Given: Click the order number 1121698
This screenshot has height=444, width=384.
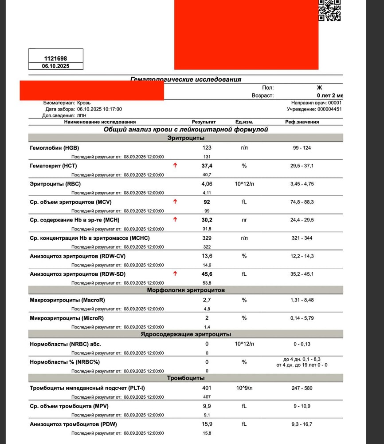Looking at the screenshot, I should tap(55, 58).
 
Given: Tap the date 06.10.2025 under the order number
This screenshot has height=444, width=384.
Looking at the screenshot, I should tap(55, 66).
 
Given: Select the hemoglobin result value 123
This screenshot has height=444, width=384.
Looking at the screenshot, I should tap(207, 148).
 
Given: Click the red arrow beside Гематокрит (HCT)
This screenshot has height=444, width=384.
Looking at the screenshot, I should tap(175, 166).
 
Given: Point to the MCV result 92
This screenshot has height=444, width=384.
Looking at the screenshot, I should tap(207, 202).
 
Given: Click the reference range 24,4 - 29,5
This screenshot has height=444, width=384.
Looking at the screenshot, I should tap(302, 220).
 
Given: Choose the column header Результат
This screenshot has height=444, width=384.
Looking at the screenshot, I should tap(204, 122).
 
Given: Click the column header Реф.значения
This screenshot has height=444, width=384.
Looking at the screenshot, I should tap(302, 122).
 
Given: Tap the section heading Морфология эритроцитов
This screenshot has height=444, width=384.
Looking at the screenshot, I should tap(186, 290).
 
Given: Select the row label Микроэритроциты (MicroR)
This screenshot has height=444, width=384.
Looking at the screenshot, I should tap(67, 318).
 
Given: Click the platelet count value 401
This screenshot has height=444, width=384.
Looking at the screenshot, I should tap(207, 388).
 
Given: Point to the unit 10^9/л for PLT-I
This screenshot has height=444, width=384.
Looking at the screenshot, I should tap(244, 388).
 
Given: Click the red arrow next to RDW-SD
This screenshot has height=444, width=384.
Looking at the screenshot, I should tap(175, 274).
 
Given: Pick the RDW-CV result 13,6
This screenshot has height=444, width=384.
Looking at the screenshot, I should tap(207, 256).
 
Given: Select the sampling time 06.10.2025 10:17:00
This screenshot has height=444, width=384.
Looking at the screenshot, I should tap(99, 109).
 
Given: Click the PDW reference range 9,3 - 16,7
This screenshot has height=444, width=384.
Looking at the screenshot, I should tap(302, 424).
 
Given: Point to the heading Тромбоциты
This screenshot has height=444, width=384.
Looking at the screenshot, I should tap(186, 378).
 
